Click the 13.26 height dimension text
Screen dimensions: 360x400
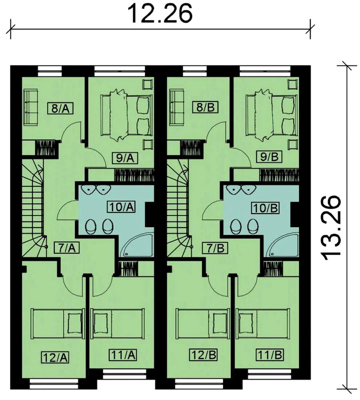[330, 228]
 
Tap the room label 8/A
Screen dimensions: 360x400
[60, 109]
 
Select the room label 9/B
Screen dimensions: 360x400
[269, 157]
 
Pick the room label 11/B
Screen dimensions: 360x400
[270, 354]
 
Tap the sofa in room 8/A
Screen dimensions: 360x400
[31, 107]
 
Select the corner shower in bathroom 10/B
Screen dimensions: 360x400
[282, 244]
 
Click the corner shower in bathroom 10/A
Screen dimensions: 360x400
[136, 244]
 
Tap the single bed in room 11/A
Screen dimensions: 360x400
[117, 323]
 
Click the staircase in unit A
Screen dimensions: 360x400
[33, 208]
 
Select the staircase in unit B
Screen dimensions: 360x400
[178, 208]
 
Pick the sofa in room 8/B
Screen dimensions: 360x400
[176, 107]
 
